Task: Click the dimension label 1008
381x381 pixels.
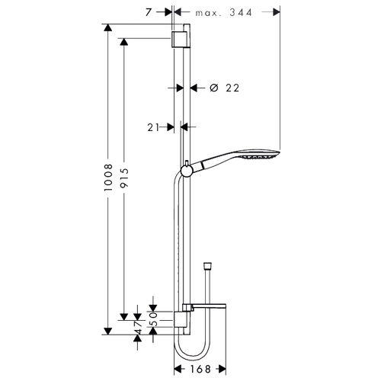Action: (x=108, y=178)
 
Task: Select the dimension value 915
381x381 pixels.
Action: (x=124, y=178)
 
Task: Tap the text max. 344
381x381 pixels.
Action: (x=224, y=12)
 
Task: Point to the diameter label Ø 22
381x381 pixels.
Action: (x=225, y=88)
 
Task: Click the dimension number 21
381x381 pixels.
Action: (x=153, y=127)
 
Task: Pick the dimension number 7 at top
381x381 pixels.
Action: (x=149, y=12)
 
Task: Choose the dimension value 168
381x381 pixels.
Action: (x=200, y=369)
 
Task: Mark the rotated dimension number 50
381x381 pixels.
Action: (x=153, y=319)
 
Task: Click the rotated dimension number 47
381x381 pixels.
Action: (x=137, y=328)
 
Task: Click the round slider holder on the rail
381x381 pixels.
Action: (x=187, y=171)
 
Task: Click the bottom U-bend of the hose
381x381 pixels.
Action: (x=192, y=356)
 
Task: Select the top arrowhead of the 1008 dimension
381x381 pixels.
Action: (x=108, y=27)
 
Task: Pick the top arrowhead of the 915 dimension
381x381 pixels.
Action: (x=124, y=42)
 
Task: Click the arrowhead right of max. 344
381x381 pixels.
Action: (x=277, y=12)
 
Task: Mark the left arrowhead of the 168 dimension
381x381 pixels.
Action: (x=178, y=369)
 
